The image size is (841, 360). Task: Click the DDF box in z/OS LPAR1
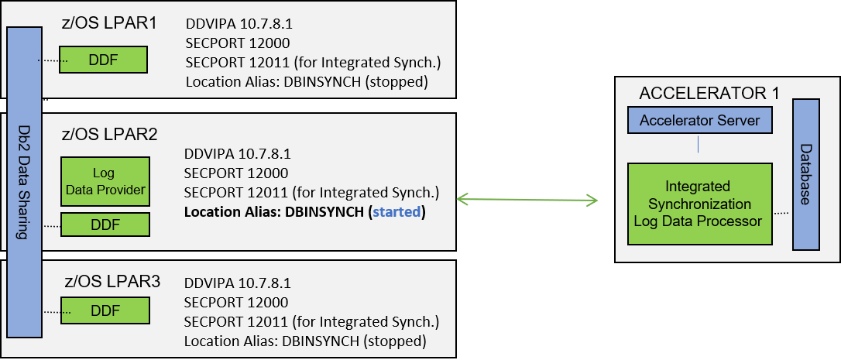(x=103, y=60)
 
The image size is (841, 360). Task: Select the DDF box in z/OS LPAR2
(x=105, y=225)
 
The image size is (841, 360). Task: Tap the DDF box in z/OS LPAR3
(x=105, y=311)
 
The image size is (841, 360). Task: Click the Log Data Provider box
(x=105, y=182)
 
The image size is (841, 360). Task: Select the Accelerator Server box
(x=699, y=120)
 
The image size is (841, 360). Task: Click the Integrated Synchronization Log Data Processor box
(x=699, y=204)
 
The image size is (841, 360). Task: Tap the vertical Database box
(x=805, y=174)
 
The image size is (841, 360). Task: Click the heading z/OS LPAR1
(x=109, y=22)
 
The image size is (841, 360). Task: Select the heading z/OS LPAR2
(x=109, y=134)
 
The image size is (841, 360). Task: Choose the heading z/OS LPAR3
(x=111, y=282)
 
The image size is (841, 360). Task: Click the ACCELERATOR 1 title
(x=709, y=94)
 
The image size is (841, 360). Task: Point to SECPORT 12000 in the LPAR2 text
(x=237, y=173)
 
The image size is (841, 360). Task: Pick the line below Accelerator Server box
(x=699, y=145)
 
